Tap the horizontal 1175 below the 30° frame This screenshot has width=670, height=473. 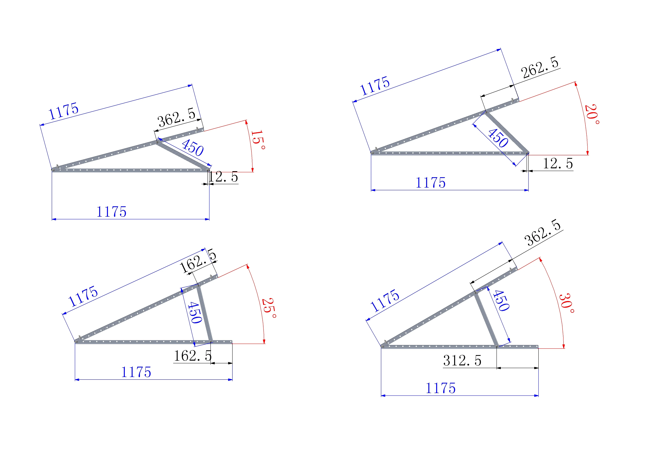tap(441, 388)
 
